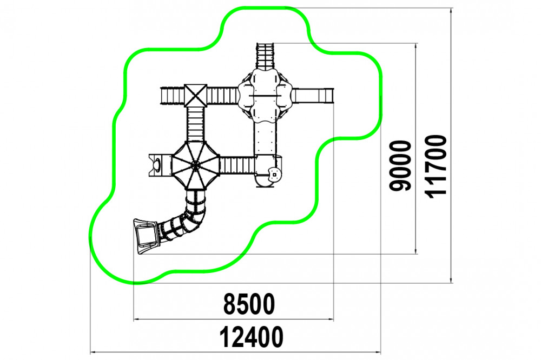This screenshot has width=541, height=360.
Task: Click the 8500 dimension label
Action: pyautogui.click(x=249, y=304)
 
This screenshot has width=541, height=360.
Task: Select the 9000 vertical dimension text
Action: pyautogui.click(x=400, y=165)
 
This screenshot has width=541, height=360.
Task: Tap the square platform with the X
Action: pyautogui.click(x=196, y=96)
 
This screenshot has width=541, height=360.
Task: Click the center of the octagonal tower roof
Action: pyautogui.click(x=195, y=165)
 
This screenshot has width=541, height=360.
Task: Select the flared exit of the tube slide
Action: pyautogui.click(x=146, y=236)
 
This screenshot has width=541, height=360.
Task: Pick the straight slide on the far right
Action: pyautogui.click(x=313, y=96)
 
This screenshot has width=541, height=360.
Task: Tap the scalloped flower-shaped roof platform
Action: pyautogui.click(x=265, y=95)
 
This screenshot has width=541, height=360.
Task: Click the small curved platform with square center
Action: pyautogui.click(x=274, y=174)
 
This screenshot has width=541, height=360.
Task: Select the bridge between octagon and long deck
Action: pyautogui.click(x=237, y=165)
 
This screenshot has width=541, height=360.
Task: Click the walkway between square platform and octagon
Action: pyautogui.click(x=195, y=124)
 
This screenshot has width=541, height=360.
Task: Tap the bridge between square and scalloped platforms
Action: pyautogui.click(x=222, y=96)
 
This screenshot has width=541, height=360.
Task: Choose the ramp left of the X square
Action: pyautogui.click(x=172, y=96)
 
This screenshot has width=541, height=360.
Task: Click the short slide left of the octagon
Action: pyautogui.click(x=160, y=165)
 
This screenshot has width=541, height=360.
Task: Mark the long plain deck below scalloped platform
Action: pyautogui.click(x=266, y=138)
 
